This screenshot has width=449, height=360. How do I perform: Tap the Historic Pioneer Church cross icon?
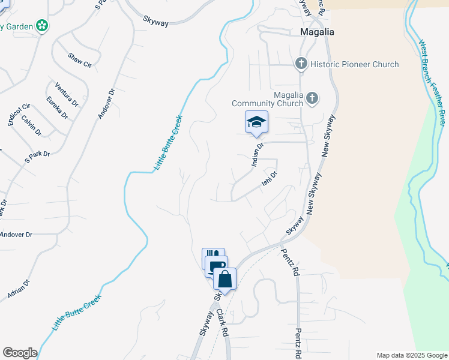tap(301, 64)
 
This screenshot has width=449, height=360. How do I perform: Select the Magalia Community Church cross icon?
tap(312, 98)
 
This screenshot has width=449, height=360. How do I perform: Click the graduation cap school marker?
tap(256, 122)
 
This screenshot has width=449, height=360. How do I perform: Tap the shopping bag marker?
tap(224, 279)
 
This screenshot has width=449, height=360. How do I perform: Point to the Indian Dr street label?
tap(258, 154)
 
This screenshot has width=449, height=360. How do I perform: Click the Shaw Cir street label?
tap(79, 60)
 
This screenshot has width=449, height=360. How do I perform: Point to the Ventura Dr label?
tap(66, 94)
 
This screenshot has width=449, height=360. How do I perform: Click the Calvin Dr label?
tap(31, 124)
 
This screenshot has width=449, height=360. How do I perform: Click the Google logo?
tap(20, 353)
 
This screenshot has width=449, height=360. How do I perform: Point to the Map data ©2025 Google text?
tap(411, 355)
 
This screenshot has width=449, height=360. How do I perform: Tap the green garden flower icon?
tap(42, 25)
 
